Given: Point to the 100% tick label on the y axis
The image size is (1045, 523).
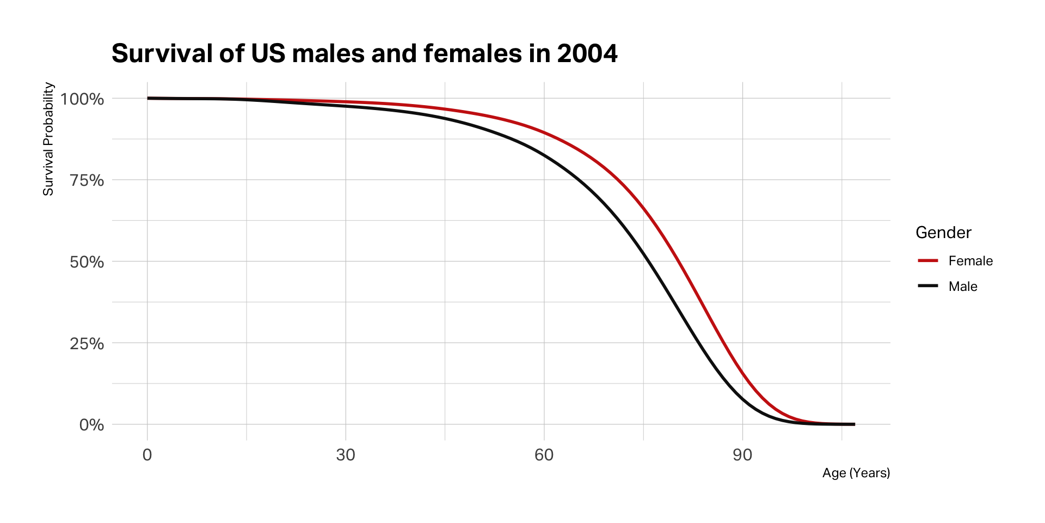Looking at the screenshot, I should tap(82, 99).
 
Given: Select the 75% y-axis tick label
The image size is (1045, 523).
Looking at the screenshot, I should tap(87, 180).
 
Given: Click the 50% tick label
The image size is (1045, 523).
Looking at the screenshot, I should tap(87, 262).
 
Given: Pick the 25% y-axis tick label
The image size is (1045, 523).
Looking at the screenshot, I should tap(87, 344).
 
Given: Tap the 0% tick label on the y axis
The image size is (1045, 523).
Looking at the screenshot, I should tap(91, 425).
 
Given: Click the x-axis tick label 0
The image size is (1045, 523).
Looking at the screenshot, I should tap(147, 455).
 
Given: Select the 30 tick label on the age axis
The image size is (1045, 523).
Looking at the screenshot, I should tap(346, 455).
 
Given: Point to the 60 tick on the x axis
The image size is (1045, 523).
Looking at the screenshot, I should tap(544, 455).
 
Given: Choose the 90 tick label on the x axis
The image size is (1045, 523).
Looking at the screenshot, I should tap(742, 455).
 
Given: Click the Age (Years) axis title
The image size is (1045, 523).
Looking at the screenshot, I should tap(856, 473).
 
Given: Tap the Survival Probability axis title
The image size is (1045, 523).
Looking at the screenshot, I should tap(48, 139).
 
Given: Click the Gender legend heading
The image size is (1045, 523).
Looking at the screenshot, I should tap(943, 233).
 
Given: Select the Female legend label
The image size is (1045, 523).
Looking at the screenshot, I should tap(970, 261).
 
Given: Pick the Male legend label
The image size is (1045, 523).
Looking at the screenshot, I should tap(963, 287).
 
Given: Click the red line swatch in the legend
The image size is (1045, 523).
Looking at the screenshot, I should tap(928, 261).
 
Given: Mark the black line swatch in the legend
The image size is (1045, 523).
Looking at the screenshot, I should tap(928, 286).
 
